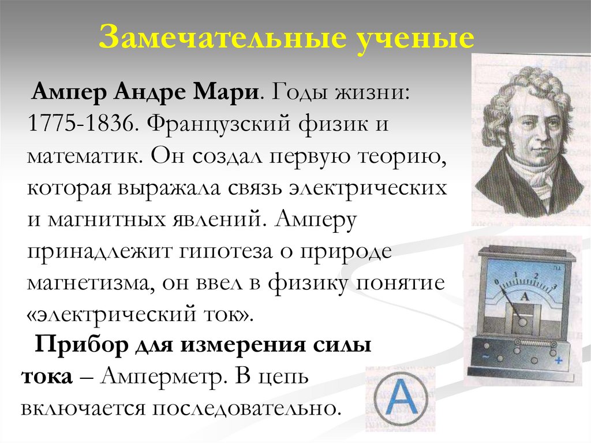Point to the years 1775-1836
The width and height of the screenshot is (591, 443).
point(81,124)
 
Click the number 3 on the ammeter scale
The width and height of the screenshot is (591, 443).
point(555,286)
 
